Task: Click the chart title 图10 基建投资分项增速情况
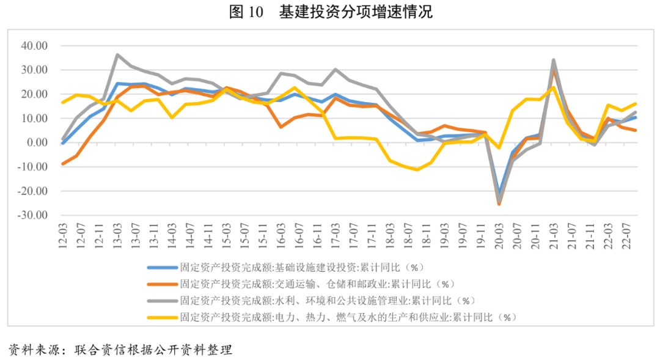point(331,12)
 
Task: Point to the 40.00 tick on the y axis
point(34,46)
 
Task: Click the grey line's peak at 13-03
point(117,55)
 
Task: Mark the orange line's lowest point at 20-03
point(499,204)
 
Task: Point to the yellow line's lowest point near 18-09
point(417,169)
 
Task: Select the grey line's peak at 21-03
point(554,60)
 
